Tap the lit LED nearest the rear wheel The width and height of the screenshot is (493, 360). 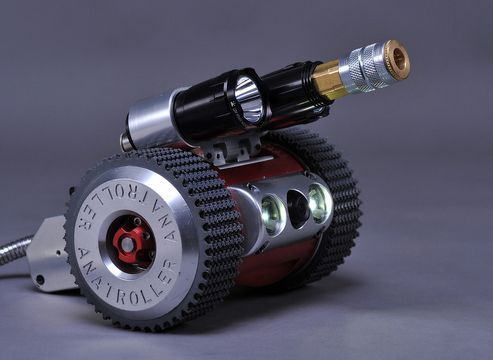pos(320,202)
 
